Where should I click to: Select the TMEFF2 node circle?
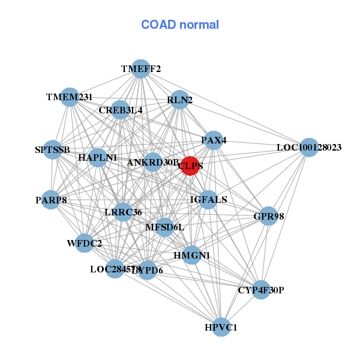(140, 69)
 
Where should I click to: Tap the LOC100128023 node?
(308, 147)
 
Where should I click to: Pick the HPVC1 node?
(221, 327)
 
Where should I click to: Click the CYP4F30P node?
(260, 290)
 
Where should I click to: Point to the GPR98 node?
(268, 216)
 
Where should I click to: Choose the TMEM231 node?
(70, 97)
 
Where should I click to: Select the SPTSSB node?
(52, 149)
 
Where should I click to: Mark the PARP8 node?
(51, 200)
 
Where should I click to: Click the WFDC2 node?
(84, 243)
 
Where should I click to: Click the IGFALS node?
(208, 199)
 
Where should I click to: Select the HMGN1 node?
(191, 255)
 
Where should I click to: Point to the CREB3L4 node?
(121, 110)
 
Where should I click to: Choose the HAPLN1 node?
(97, 158)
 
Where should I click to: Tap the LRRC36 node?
(123, 212)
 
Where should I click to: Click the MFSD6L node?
(165, 227)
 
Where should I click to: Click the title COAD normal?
(180, 25)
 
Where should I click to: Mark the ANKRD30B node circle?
(153, 162)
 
